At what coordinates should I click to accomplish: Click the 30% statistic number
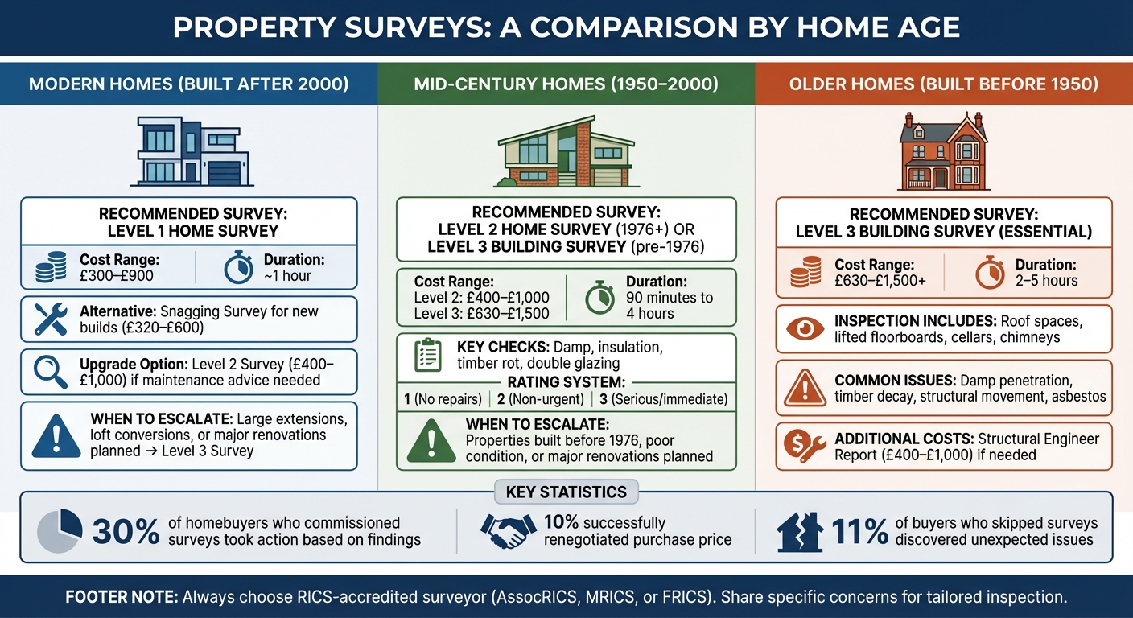point(126,532)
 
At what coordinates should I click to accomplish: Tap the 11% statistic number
point(859,532)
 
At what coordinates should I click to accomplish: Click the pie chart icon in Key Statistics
point(60,531)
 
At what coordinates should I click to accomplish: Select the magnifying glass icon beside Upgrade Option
point(50,371)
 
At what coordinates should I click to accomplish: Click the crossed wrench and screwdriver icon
point(50,319)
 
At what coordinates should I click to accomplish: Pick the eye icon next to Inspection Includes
point(806,329)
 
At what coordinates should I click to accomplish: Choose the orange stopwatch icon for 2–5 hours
point(990,273)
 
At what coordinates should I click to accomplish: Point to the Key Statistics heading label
point(566,492)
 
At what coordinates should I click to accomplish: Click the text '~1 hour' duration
point(286,276)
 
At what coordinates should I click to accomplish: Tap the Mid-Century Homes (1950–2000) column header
point(566,84)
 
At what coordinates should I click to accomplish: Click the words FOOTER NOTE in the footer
point(121,598)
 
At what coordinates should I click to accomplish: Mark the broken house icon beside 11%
point(801,532)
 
